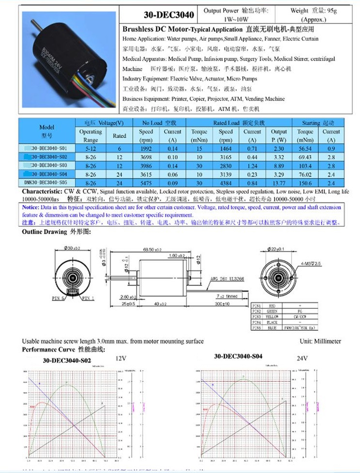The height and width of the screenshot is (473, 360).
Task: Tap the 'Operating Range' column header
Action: [x=90, y=135]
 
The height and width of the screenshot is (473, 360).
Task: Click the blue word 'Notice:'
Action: [x=33, y=207]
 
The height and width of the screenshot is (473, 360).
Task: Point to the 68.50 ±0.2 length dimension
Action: [x=152, y=250]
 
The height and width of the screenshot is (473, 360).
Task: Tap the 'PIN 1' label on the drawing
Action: [x=88, y=297]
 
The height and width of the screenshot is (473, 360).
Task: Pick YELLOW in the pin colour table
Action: [x=272, y=316]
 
